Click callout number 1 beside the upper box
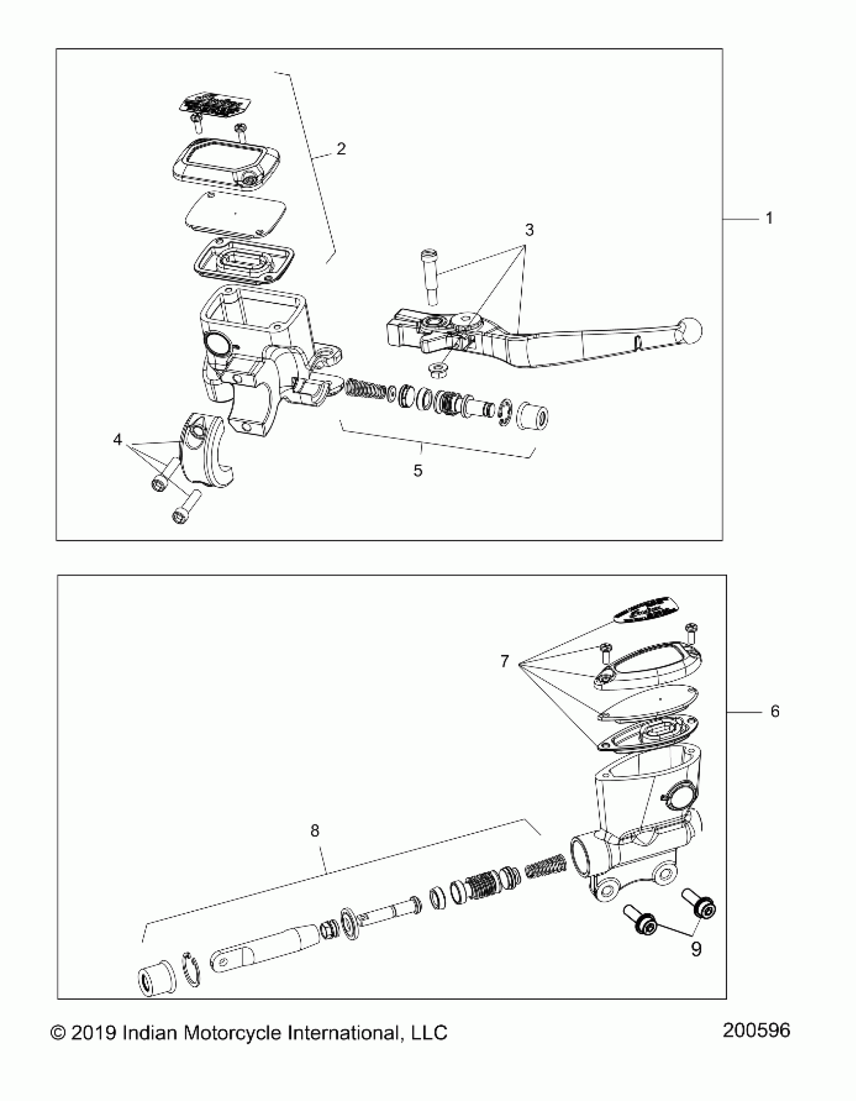tap(769, 218)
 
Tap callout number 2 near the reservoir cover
tap(341, 149)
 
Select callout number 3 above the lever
tap(529, 230)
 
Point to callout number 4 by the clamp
tap(117, 439)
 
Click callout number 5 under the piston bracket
tap(417, 471)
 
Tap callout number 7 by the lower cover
tap(506, 661)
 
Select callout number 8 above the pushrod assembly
tap(315, 830)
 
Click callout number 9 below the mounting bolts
tap(696, 949)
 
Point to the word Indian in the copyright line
tap(151, 1033)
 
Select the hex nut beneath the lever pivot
tap(435, 370)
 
